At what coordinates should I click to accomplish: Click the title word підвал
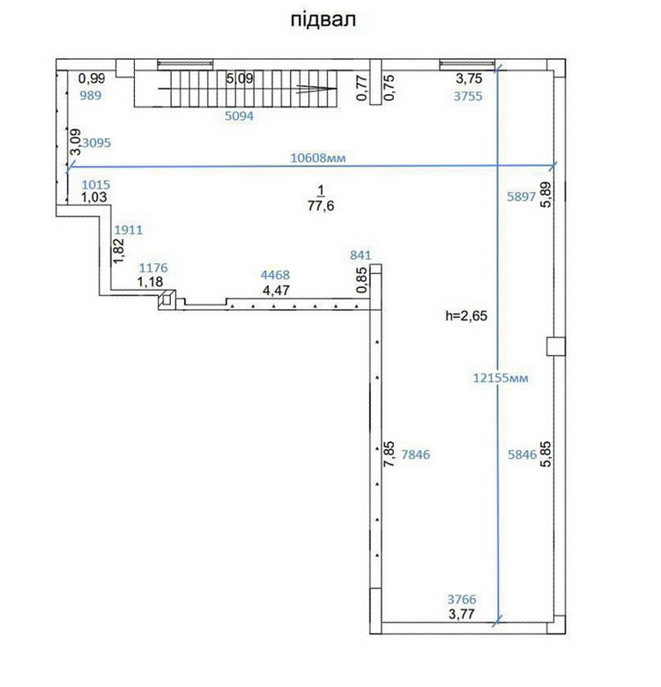[323, 20]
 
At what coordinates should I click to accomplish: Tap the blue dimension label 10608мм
[318, 158]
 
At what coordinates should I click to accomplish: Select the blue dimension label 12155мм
[500, 378]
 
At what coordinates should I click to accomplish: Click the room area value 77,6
[321, 205]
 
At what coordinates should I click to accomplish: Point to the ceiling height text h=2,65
[466, 315]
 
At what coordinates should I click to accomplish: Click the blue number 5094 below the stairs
[240, 116]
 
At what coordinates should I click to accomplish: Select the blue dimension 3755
[468, 96]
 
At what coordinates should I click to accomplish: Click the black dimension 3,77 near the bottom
[462, 614]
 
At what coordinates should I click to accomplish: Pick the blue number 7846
[415, 454]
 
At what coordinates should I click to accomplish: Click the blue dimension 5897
[522, 196]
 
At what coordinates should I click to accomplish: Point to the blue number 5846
[523, 454]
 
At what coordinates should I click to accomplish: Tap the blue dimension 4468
[275, 275]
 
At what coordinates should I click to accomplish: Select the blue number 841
[360, 255]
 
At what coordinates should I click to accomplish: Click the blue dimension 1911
[129, 230]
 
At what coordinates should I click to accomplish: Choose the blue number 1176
[153, 268]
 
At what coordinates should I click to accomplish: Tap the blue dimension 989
[90, 95]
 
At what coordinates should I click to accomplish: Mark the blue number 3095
[96, 143]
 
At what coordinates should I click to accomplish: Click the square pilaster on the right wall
[556, 346]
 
